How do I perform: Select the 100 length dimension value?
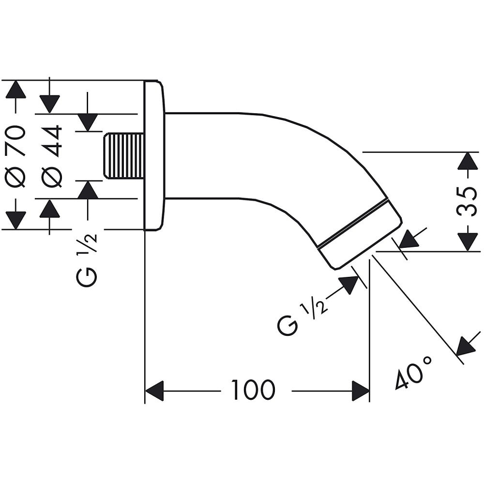pos(253,390)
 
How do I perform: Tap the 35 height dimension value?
pos(468,201)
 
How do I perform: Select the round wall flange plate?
pos(154,155)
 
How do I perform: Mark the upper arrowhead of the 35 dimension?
pos(467,161)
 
